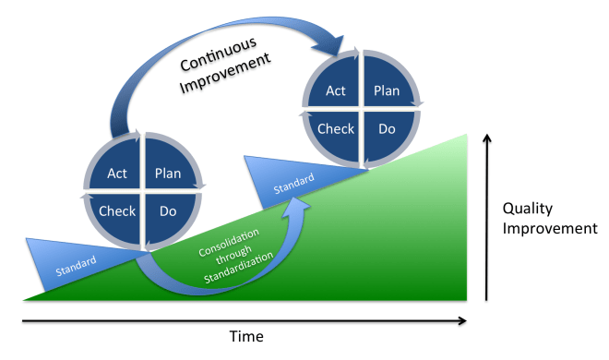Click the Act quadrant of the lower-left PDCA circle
(117, 173)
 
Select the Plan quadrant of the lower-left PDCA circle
(168, 173)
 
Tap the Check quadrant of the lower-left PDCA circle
(116, 211)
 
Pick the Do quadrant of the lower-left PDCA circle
(167, 211)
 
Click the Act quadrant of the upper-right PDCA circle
(337, 90)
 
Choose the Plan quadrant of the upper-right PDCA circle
(386, 90)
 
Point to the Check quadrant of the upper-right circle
(336, 128)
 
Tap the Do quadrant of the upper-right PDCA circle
(386, 128)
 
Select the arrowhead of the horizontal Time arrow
(461, 321)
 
